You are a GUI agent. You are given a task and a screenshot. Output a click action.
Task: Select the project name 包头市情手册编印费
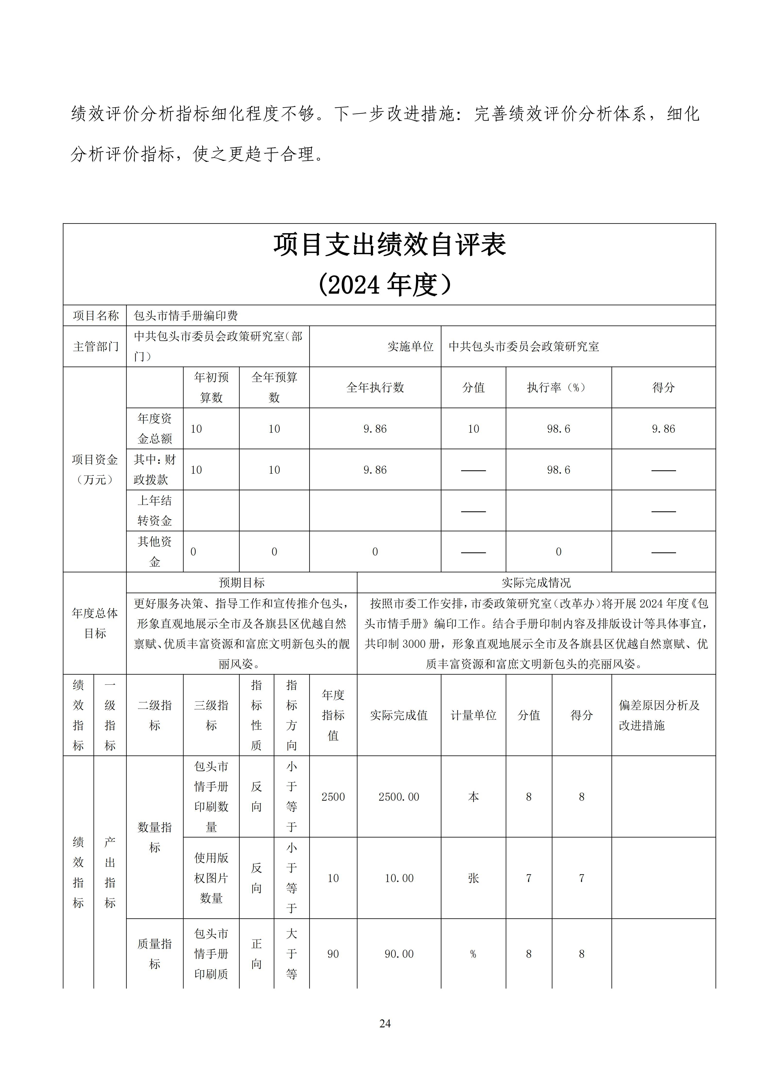(x=186, y=316)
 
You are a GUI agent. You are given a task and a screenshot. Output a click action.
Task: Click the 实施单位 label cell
(x=410, y=347)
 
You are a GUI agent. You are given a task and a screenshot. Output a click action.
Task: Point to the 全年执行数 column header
(x=375, y=387)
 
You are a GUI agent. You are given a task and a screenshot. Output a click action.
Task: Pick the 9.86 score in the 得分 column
(x=663, y=429)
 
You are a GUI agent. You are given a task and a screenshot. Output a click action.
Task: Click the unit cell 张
(x=473, y=878)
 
